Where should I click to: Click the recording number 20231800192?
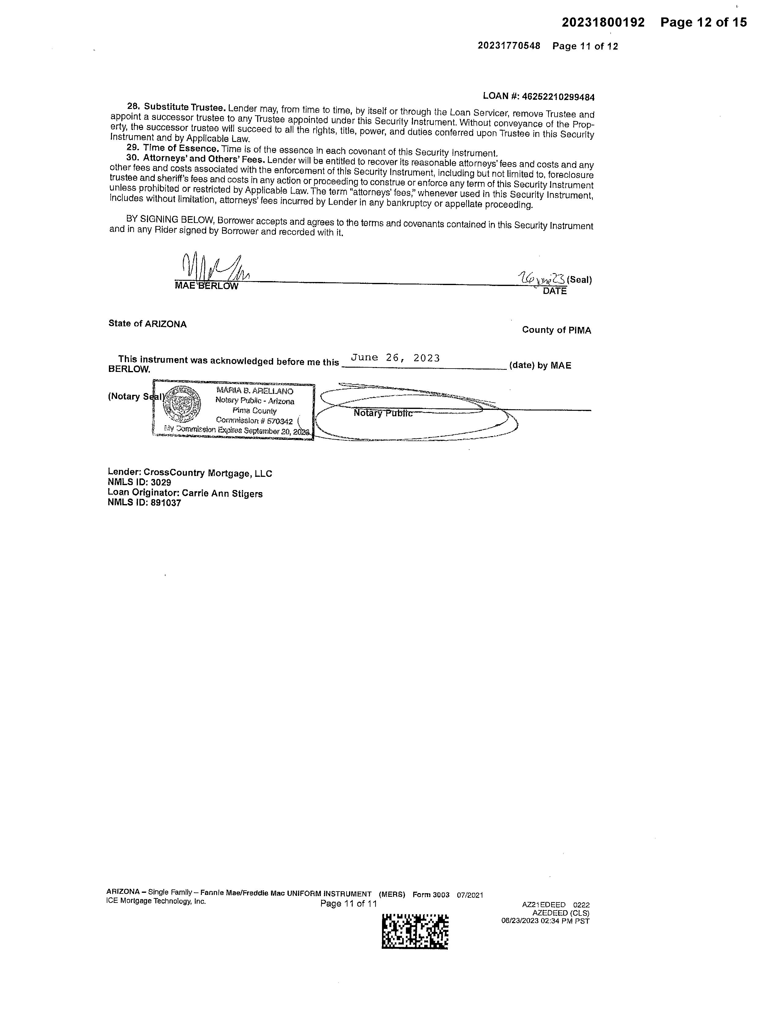pos(603,23)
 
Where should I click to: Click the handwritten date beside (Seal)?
pos(541,278)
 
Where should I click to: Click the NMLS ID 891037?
pos(165,503)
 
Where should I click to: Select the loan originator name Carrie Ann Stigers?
pos(222,494)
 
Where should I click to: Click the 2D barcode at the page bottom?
pos(415,931)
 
